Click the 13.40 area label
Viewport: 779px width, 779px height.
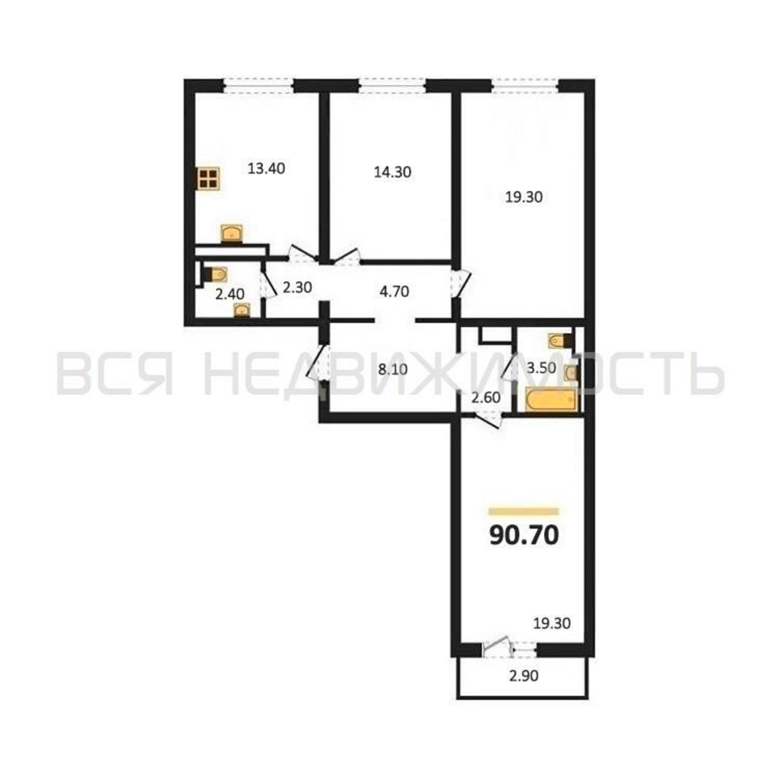[x=266, y=169]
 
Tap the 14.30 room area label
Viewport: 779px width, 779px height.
[x=392, y=173]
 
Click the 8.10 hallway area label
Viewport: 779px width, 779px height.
[x=393, y=369]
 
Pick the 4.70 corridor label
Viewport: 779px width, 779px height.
[x=394, y=291]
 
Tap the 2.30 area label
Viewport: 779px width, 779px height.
[x=297, y=287]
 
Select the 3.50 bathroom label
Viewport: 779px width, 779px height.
[x=541, y=368]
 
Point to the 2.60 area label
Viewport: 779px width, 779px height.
[x=486, y=398]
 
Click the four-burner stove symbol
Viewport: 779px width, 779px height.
[x=208, y=179]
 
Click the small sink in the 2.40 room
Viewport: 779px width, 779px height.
[x=242, y=311]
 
